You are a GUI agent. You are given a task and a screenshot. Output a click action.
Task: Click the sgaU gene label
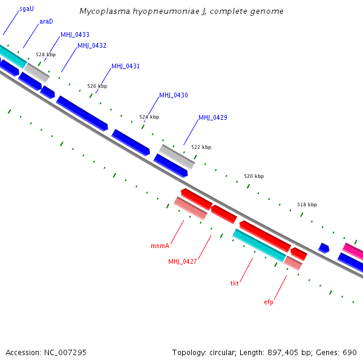click(27, 9)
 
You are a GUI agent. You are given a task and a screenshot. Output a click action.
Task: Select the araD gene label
click(46, 21)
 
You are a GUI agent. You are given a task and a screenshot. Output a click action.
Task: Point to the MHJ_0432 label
click(92, 46)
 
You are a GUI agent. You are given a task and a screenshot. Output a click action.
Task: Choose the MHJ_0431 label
click(125, 66)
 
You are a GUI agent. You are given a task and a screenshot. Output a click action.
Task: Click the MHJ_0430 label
click(173, 96)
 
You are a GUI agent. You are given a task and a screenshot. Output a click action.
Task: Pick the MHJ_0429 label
click(213, 117)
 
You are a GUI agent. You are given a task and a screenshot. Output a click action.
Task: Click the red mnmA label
click(160, 246)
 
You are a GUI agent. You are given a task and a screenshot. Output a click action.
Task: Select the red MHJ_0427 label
click(183, 261)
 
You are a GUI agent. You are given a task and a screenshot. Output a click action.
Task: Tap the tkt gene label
click(235, 283)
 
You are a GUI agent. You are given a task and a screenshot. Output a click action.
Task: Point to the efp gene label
click(268, 302)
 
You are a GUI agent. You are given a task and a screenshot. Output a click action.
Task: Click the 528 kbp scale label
click(45, 54)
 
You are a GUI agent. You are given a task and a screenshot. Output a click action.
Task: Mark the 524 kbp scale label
click(149, 117)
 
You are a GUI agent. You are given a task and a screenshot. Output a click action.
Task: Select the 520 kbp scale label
click(254, 176)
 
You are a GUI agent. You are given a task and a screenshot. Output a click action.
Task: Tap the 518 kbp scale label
click(307, 204)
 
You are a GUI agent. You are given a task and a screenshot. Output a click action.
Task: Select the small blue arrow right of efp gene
click(324, 247)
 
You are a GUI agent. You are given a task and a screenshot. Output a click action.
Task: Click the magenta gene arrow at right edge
click(353, 249)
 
